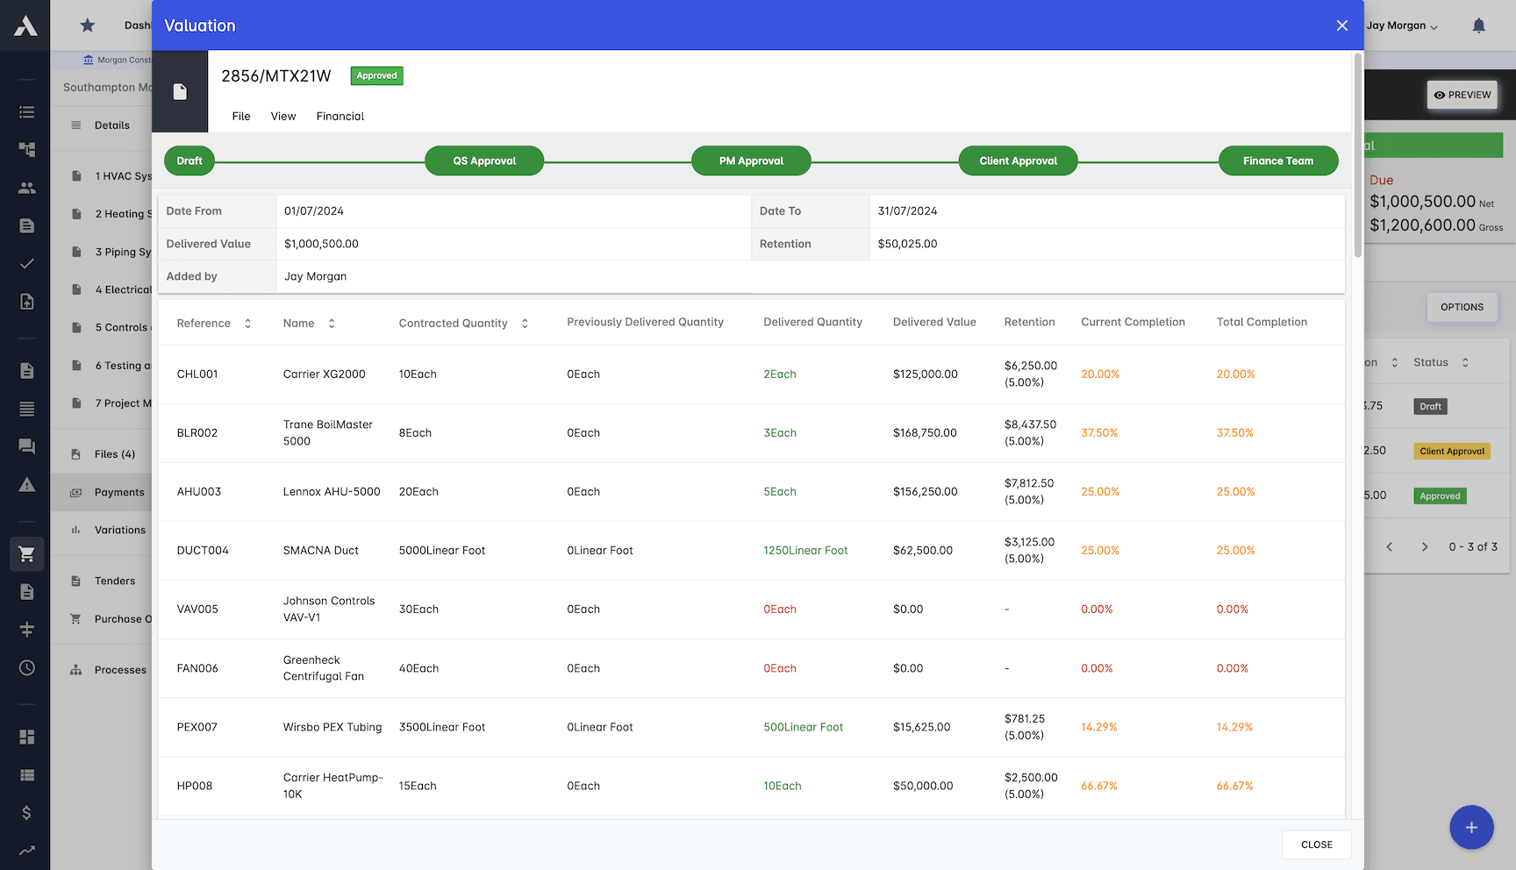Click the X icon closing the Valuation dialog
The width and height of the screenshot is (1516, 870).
coord(1341,25)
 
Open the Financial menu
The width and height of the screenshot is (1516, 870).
coord(340,117)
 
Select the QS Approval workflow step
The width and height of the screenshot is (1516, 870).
coord(484,161)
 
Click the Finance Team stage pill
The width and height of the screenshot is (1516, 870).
coord(1277,161)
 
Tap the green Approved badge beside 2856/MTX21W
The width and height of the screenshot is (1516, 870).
coord(376,76)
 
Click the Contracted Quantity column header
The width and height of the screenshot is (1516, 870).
coord(454,324)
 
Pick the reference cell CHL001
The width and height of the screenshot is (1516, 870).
coord(197,374)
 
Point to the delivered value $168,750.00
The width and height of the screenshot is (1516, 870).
coord(925,433)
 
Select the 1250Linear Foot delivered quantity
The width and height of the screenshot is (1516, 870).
coord(805,551)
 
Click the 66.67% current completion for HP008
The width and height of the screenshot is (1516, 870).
coord(1099,787)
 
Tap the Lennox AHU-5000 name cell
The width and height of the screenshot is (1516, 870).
coord(332,492)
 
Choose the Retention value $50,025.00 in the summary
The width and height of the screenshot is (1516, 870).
coord(907,245)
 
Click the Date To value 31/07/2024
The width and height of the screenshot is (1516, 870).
coord(907,211)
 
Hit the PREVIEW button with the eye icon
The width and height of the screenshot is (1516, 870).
coord(1462,96)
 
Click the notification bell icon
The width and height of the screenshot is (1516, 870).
coord(1478,26)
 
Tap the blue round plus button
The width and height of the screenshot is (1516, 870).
coord(1471,827)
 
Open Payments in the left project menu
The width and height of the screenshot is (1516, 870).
coord(119,493)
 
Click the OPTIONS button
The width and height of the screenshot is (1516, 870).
coord(1462,308)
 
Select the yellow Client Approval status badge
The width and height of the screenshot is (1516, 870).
coord(1452,452)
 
